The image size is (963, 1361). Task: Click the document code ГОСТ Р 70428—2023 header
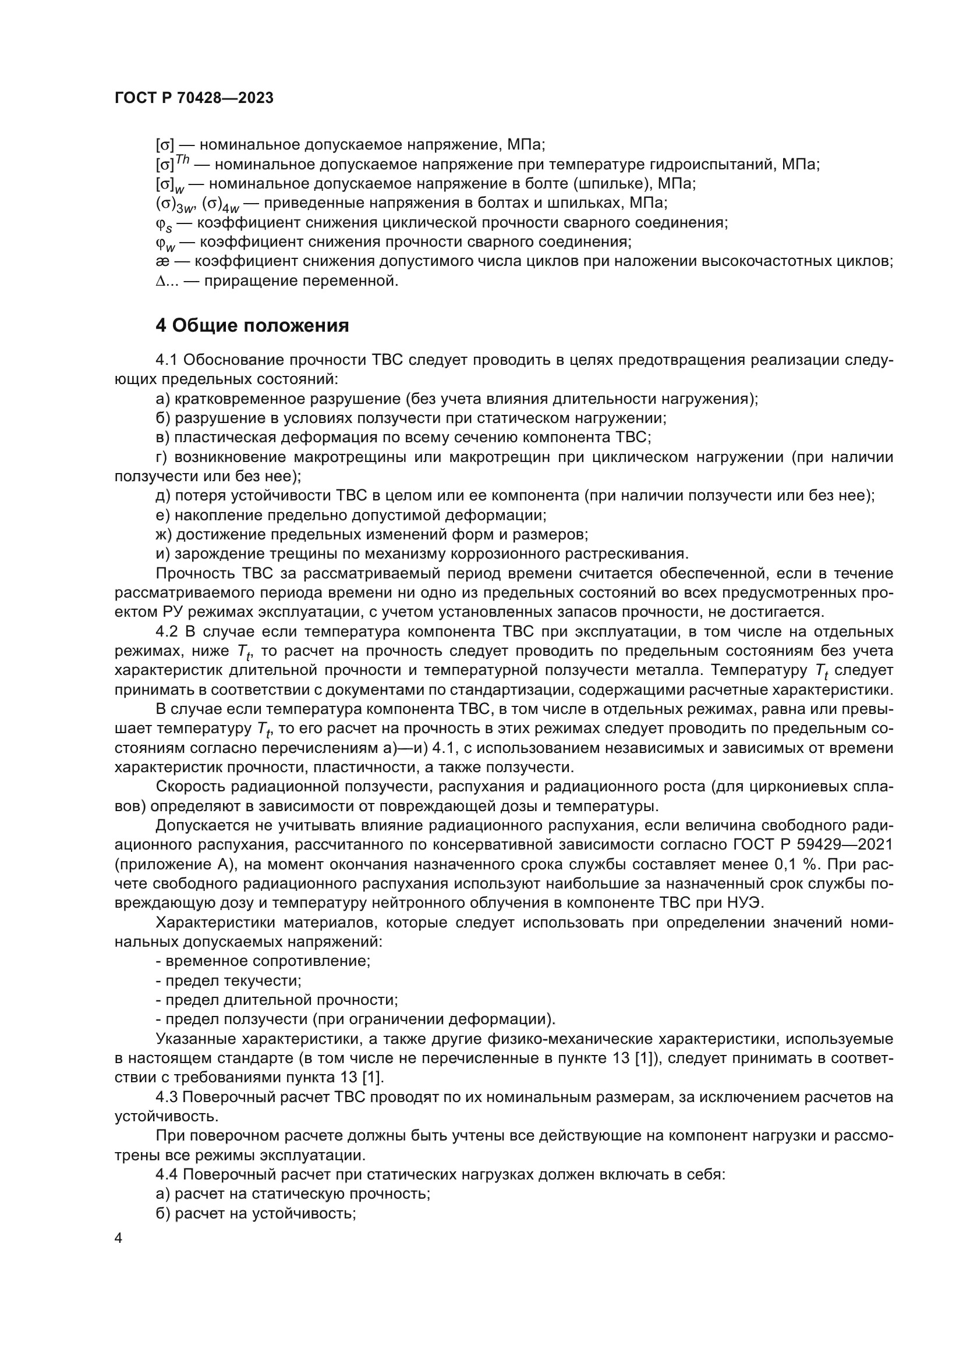194,98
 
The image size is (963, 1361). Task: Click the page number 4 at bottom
119,1238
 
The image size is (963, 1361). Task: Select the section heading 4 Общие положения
252,325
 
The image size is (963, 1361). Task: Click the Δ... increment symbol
167,281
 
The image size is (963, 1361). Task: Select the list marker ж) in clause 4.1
164,535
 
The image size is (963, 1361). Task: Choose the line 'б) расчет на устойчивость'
256,1213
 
